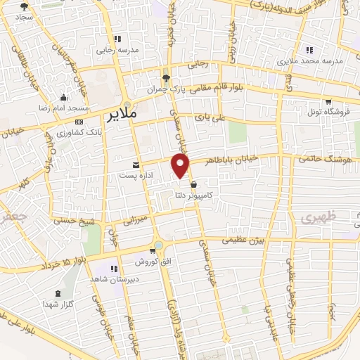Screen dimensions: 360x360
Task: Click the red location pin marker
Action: [181, 165]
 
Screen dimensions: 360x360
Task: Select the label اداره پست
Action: [112, 174]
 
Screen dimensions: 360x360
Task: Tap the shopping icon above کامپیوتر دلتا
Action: [193, 185]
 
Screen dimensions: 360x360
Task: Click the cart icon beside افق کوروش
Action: [153, 251]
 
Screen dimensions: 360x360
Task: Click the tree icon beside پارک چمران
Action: [166, 78]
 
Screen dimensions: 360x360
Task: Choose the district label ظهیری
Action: [316, 219]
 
